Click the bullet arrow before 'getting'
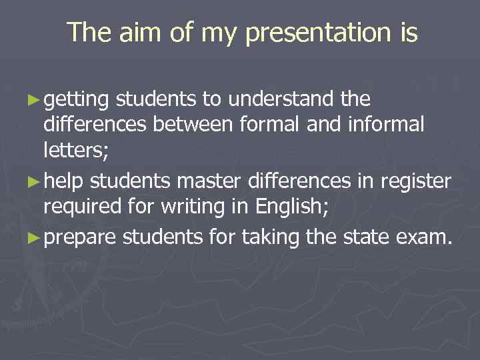tap(35, 101)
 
